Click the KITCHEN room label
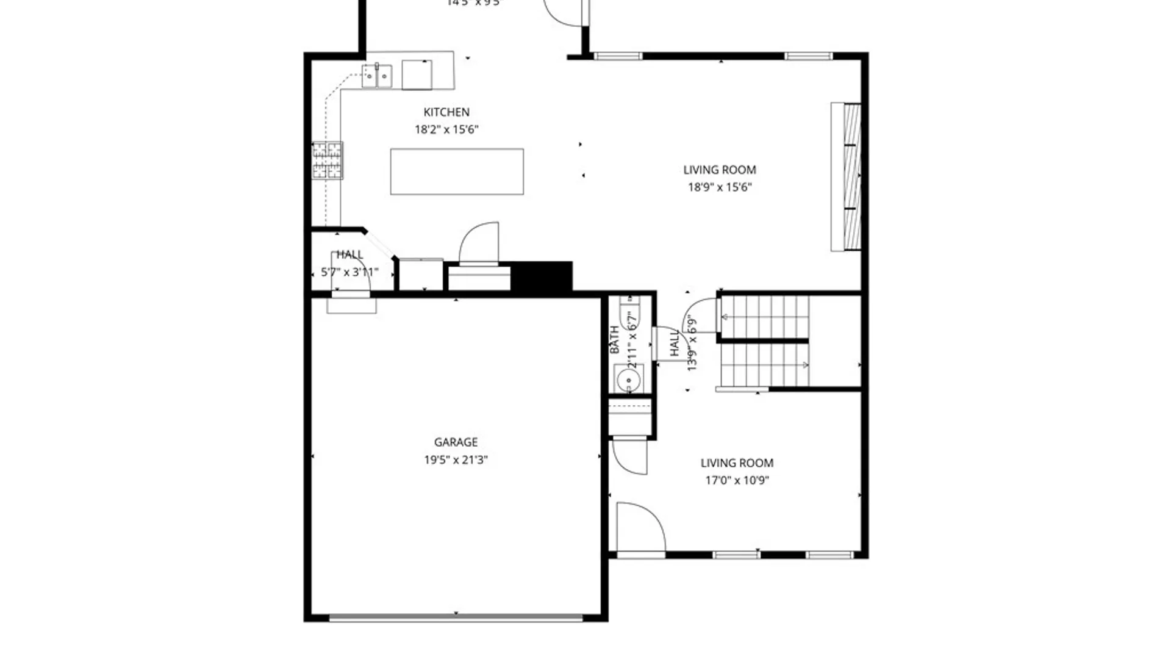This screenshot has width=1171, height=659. (446, 112)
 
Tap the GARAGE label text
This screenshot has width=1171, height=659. (456, 442)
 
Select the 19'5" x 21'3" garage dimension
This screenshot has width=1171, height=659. (456, 460)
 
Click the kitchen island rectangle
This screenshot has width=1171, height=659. (457, 171)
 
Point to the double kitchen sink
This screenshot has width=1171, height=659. (377, 76)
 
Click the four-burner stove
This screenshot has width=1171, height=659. (328, 160)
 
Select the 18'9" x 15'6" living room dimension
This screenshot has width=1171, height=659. (720, 187)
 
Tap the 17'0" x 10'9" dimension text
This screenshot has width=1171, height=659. (737, 480)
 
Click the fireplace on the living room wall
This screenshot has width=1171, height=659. (847, 176)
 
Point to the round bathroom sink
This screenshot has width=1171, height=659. (628, 381)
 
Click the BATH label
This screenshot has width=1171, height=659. (615, 340)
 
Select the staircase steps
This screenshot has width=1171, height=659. (765, 342)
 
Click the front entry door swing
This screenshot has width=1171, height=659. (640, 528)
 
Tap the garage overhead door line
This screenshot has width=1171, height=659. (456, 618)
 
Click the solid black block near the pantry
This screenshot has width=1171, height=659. (541, 276)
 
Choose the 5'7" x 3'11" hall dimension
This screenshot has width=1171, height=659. (349, 272)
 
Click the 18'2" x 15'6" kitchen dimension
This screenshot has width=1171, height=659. (446, 129)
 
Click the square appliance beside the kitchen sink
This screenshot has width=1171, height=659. (417, 75)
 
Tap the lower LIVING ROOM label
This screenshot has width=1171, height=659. (737, 463)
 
